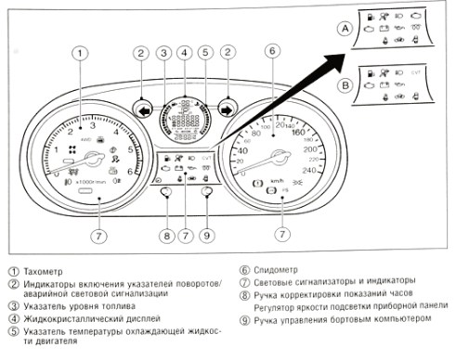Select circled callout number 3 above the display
point(163,54)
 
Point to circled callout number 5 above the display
point(205,54)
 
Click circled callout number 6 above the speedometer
point(271,54)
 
